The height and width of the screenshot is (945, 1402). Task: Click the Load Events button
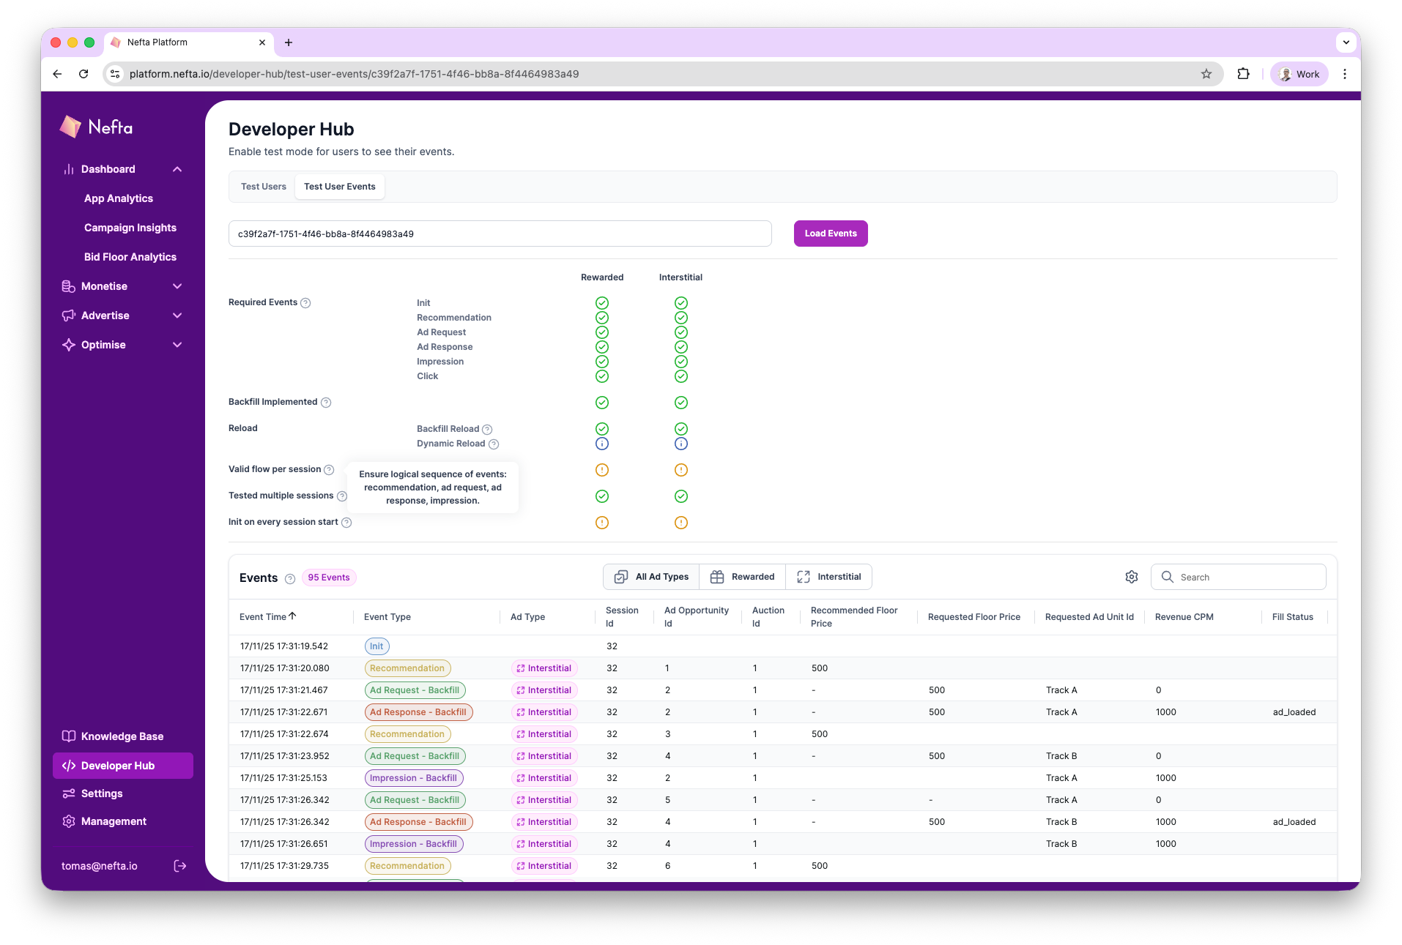[x=830, y=234]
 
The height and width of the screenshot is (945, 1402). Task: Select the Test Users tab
[x=263, y=187]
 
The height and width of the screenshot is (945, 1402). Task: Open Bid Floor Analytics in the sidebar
[x=130, y=257]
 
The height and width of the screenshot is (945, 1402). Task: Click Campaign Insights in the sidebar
[x=130, y=228]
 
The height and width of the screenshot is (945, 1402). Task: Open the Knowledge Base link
[x=122, y=736]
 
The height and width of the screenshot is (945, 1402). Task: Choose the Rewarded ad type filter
[x=742, y=577]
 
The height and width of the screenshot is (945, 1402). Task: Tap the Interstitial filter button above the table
[x=828, y=577]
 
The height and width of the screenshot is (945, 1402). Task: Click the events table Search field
[x=1245, y=577]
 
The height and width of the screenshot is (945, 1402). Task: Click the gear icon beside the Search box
[x=1132, y=577]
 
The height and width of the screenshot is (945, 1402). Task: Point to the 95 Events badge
[x=329, y=578]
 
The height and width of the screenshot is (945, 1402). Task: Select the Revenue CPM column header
[x=1184, y=617]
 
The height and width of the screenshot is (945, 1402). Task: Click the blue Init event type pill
[x=377, y=646]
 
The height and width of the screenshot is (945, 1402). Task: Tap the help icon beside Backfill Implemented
[x=327, y=403]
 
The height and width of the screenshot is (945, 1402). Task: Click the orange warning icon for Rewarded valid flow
[x=602, y=470]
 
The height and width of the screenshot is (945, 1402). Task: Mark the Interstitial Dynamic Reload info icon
[x=681, y=444]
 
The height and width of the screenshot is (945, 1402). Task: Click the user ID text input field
[x=500, y=234]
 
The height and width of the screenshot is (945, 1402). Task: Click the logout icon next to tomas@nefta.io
[x=180, y=866]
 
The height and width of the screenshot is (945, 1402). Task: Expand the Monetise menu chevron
[x=177, y=286]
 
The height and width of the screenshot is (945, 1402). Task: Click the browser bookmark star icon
[x=1206, y=74]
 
